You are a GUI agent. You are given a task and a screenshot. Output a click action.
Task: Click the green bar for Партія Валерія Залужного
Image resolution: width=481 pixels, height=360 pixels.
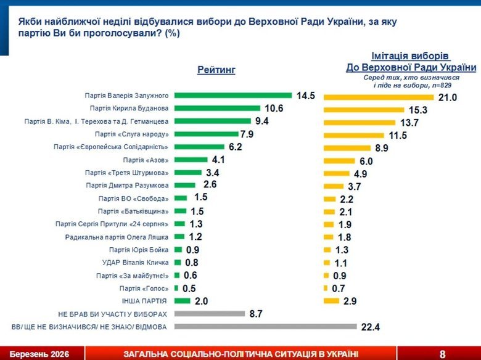(x=232, y=96)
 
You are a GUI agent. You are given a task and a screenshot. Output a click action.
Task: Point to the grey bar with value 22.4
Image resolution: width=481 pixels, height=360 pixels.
(x=265, y=326)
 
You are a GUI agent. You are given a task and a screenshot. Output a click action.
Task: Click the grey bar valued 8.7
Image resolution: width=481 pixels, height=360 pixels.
(x=210, y=314)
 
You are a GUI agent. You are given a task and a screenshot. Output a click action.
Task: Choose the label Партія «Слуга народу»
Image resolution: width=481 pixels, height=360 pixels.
(x=132, y=134)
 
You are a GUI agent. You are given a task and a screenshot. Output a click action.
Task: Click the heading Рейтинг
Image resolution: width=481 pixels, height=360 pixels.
(x=216, y=70)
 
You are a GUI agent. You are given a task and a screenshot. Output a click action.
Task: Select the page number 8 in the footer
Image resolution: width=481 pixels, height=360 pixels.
(x=443, y=354)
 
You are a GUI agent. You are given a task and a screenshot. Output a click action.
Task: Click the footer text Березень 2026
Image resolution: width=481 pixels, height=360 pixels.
(x=39, y=354)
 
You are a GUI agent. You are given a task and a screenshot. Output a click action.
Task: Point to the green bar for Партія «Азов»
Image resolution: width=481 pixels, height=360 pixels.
(x=191, y=160)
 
